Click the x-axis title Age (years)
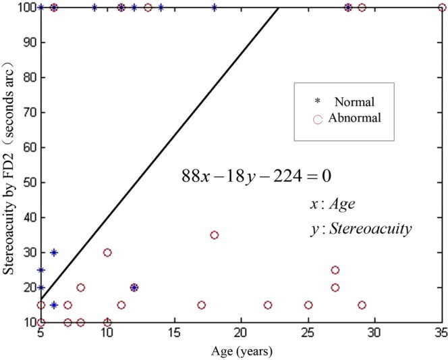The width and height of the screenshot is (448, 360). click(x=241, y=351)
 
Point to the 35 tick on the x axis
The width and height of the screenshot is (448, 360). click(x=441, y=334)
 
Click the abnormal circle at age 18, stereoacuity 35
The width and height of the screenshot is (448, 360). click(x=215, y=235)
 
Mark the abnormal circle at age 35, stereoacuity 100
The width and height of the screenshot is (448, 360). click(x=441, y=7)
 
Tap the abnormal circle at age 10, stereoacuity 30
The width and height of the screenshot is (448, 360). click(x=107, y=253)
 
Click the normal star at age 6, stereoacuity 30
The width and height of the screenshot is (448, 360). click(x=54, y=253)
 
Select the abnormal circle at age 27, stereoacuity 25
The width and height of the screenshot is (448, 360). click(x=335, y=270)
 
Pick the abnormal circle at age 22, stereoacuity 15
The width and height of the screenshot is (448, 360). click(x=268, y=305)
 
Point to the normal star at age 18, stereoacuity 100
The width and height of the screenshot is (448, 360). click(x=215, y=7)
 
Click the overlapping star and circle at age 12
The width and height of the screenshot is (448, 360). click(x=134, y=288)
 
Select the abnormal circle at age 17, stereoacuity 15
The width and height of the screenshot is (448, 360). click(x=201, y=305)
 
